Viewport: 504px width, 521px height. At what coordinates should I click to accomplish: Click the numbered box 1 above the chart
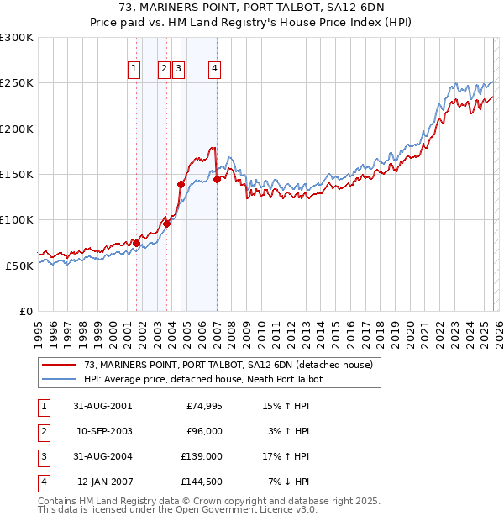pos(134,70)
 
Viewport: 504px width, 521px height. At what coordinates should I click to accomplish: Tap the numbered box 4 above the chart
pos(215,70)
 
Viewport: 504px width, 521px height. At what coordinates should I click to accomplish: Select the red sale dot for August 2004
pos(181,184)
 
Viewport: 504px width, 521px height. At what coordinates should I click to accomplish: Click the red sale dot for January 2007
pos(217,179)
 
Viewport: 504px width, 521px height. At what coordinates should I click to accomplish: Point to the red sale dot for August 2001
pos(136,243)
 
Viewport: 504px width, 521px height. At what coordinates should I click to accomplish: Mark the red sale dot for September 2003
pos(167,224)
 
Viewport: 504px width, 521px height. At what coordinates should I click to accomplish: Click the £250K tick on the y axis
pos(17,83)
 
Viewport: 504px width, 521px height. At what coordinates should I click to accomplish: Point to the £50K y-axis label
pos(20,265)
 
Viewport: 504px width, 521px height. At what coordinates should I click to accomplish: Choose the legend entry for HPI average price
pos(203,379)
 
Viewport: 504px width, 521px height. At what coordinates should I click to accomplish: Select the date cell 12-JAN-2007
pos(104,482)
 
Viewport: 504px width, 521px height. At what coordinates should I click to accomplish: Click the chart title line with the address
pos(252,8)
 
